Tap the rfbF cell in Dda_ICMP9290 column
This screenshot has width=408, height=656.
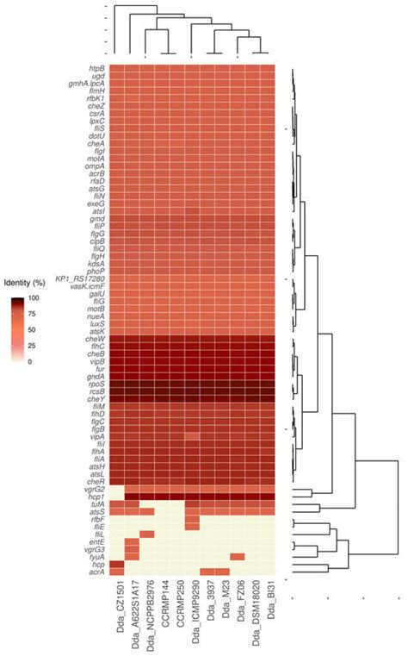(x=191, y=519)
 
